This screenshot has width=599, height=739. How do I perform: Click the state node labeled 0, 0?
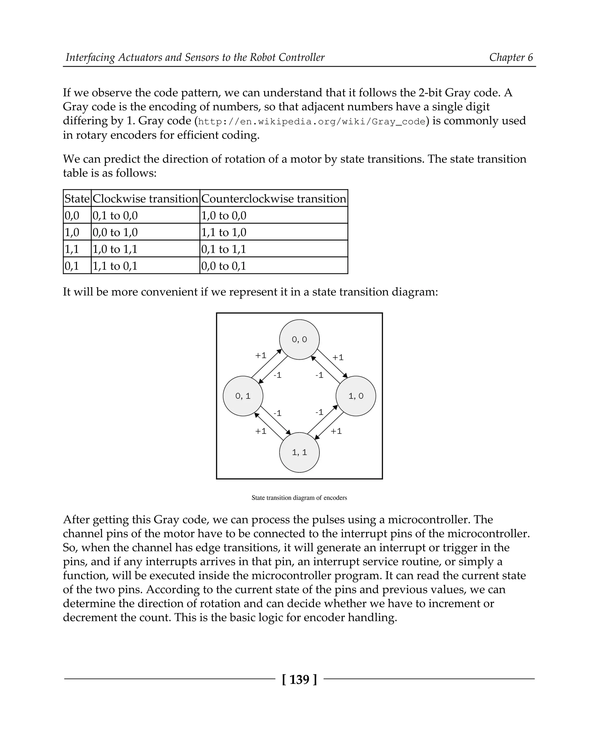299,339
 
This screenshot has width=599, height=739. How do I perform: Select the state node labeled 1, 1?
299,452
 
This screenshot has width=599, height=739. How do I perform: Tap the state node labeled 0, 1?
243,396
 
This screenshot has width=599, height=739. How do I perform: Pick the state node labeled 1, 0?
356,396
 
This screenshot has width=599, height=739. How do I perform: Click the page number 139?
299,680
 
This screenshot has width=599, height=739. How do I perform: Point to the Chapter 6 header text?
511,57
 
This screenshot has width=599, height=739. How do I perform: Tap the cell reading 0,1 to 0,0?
115,215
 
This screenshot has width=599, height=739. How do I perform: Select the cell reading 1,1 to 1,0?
223,232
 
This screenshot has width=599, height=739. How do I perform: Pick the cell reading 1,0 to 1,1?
115,249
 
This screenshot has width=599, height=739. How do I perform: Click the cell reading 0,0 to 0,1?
223,266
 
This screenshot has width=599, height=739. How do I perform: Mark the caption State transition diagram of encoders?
299,498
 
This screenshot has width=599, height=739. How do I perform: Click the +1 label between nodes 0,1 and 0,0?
261,355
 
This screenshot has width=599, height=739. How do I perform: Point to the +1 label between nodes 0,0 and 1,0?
338,357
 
